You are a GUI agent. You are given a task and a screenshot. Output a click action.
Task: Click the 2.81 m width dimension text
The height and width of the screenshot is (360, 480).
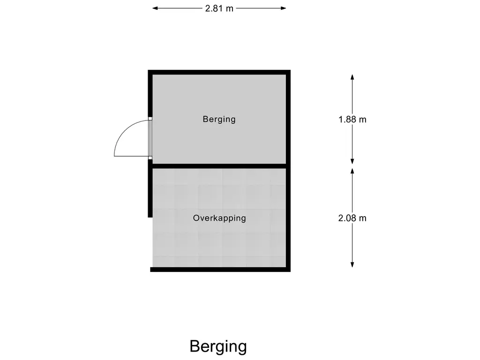tap(219, 8)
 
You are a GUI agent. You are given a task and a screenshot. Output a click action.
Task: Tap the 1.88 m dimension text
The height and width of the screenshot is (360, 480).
tap(352, 119)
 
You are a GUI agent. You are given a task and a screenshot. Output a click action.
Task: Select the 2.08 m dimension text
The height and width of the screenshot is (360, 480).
tap(352, 218)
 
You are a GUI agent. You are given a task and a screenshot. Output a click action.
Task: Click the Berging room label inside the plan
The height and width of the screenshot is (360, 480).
tap(219, 119)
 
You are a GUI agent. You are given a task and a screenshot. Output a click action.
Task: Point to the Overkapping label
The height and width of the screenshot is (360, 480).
tap(219, 218)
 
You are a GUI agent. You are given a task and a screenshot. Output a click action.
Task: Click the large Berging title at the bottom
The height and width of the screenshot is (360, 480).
tap(218, 346)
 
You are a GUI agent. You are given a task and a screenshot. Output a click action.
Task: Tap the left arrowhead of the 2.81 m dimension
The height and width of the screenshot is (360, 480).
tap(155, 8)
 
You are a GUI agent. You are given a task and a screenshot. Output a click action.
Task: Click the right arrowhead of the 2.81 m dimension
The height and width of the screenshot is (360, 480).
tap(284, 8)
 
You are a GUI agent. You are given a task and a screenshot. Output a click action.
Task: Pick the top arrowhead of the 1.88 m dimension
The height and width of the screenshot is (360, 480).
tap(352, 77)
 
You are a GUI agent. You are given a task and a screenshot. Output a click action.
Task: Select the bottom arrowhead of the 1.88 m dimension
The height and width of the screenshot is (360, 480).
tap(352, 161)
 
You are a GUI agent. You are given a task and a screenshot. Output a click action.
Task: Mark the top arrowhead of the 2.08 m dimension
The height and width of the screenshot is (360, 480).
tap(352, 171)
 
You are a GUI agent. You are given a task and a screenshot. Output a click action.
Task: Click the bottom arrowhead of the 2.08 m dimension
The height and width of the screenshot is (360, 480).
tap(352, 265)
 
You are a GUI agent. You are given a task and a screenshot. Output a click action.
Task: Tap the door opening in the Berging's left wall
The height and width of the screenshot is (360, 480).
tap(150, 138)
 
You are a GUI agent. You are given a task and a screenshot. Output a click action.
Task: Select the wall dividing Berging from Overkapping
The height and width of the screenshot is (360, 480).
tap(219, 166)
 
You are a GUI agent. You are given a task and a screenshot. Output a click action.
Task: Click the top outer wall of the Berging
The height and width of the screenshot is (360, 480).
tap(219, 72)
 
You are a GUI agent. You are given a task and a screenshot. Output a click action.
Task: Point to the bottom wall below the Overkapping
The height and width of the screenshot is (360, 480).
tap(220, 270)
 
